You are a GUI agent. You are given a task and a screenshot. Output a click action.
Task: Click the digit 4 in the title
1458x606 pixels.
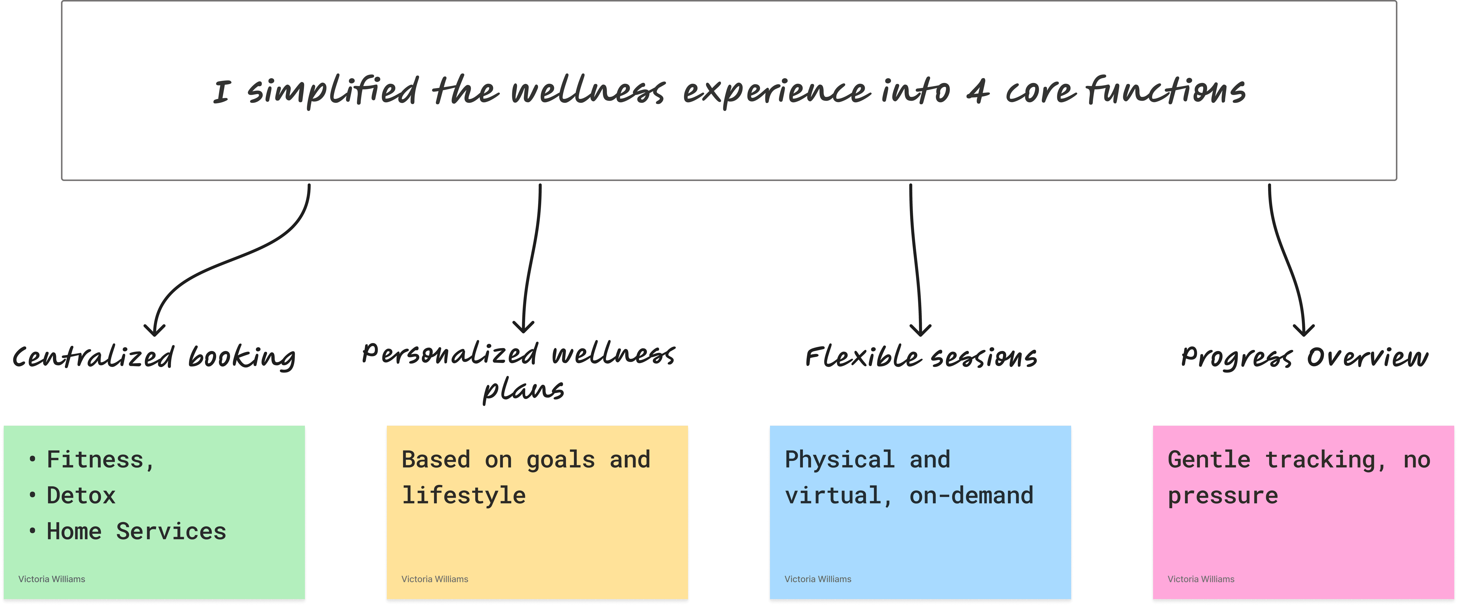(x=977, y=92)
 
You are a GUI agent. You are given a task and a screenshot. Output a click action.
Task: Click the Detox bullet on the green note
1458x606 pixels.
(x=81, y=496)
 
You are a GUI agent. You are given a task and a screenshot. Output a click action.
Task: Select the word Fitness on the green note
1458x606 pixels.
(x=95, y=459)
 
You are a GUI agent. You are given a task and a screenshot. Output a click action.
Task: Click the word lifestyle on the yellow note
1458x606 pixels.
(x=464, y=496)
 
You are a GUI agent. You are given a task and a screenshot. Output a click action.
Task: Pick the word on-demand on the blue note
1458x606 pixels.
(x=971, y=496)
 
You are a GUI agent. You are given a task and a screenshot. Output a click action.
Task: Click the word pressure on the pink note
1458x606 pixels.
(x=1222, y=496)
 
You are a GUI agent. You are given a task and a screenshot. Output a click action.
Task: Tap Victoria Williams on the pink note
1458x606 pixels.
(x=1200, y=579)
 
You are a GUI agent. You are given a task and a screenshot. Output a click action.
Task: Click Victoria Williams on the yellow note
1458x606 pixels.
(x=435, y=579)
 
